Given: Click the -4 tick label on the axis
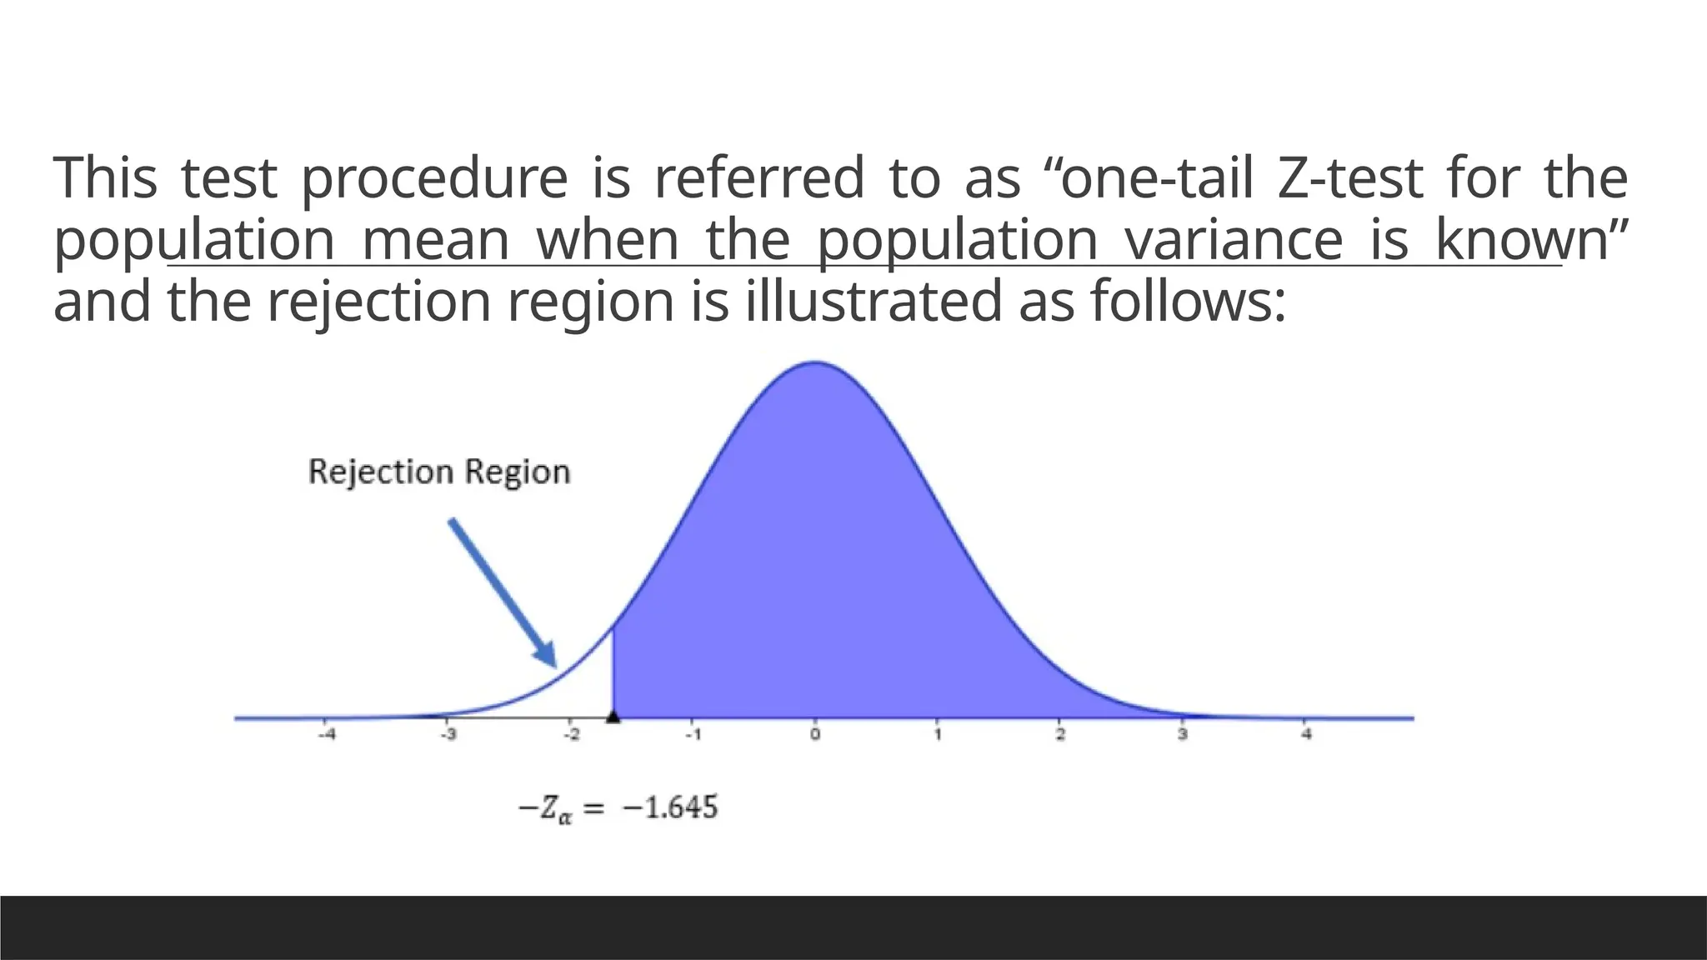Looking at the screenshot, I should pyautogui.click(x=329, y=735).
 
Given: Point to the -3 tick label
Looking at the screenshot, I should pyautogui.click(x=448, y=735).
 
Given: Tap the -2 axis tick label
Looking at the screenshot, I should pyautogui.click(x=570, y=735).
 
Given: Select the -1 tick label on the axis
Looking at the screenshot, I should pyautogui.click(x=692, y=735).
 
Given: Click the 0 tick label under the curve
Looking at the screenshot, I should pyautogui.click(x=815, y=735).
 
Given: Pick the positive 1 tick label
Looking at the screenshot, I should pyautogui.click(x=938, y=735).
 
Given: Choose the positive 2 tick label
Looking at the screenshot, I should pyautogui.click(x=1060, y=735).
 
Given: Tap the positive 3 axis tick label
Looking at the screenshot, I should pyautogui.click(x=1182, y=735).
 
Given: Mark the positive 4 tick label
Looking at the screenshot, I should pyautogui.click(x=1306, y=735).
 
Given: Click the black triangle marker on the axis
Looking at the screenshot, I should pyautogui.click(x=613, y=716).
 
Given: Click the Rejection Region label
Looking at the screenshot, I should pyautogui.click(x=439, y=472).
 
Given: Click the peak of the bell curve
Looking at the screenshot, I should pyautogui.click(x=814, y=363).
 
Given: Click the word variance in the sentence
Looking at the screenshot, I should pyautogui.click(x=1234, y=240).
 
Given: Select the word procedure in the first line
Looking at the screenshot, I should pyautogui.click(x=433, y=180).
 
